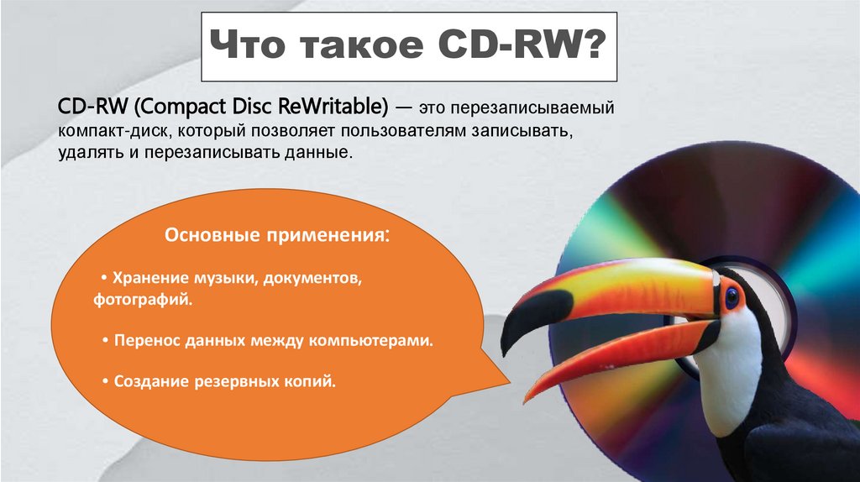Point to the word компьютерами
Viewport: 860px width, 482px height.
pyautogui.click(x=380, y=342)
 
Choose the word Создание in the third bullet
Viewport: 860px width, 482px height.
pyautogui.click(x=148, y=382)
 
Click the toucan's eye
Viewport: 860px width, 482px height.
pyautogui.click(x=732, y=296)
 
